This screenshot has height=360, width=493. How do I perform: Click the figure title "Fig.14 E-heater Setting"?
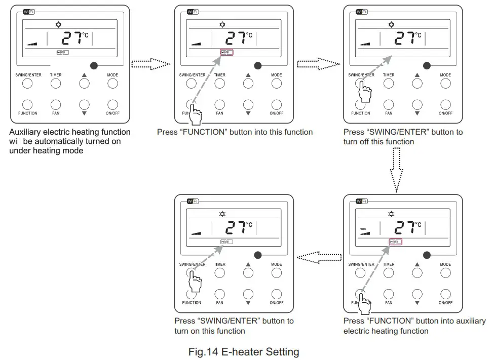click(x=243, y=351)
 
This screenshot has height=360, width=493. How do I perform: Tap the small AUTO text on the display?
click(x=362, y=229)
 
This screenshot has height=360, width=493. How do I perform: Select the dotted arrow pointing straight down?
click(x=397, y=170)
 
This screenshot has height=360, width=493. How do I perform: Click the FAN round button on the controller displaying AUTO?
click(x=389, y=293)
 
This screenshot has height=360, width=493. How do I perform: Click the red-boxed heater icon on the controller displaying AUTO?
click(x=395, y=242)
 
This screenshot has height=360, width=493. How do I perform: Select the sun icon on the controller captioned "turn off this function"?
click(x=391, y=24)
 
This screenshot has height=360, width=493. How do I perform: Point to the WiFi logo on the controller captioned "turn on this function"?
click(x=193, y=201)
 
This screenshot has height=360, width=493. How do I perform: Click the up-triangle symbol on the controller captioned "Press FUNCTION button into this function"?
click(x=248, y=75)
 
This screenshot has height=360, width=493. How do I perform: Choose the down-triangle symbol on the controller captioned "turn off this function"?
click(x=417, y=113)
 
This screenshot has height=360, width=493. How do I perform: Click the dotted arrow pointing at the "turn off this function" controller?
click(x=319, y=64)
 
